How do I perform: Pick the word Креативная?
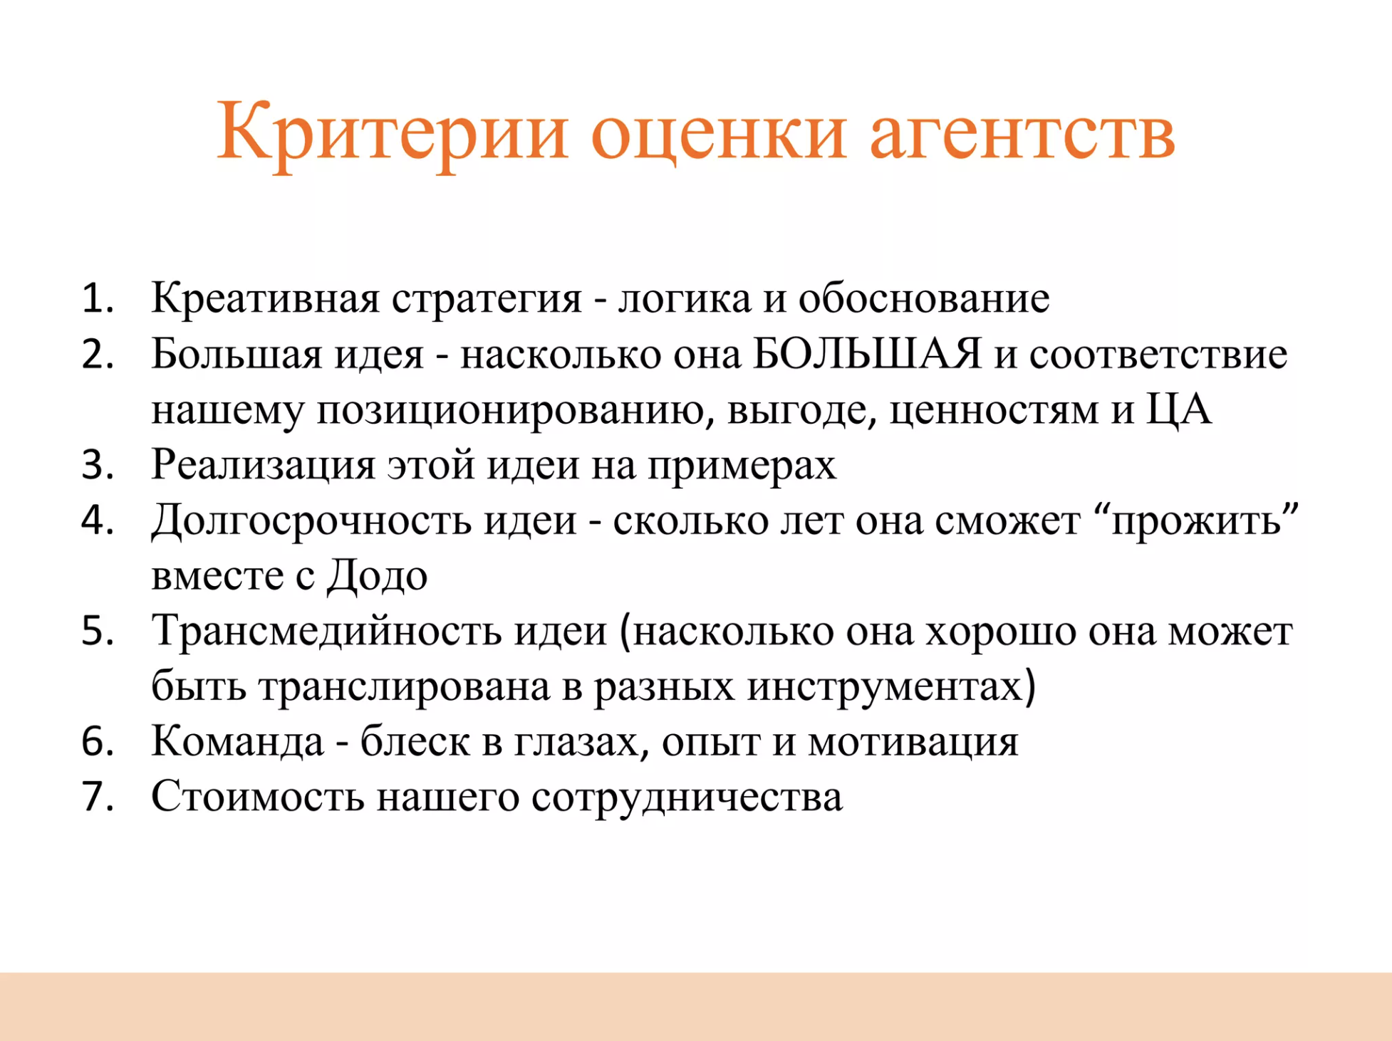click(266, 298)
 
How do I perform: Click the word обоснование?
click(924, 298)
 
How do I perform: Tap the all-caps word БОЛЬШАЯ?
click(867, 353)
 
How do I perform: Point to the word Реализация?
click(264, 466)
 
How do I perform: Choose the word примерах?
click(742, 467)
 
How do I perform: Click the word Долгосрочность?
click(311, 521)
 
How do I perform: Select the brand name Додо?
click(378, 575)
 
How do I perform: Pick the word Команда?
click(238, 742)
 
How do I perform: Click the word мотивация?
click(913, 742)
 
